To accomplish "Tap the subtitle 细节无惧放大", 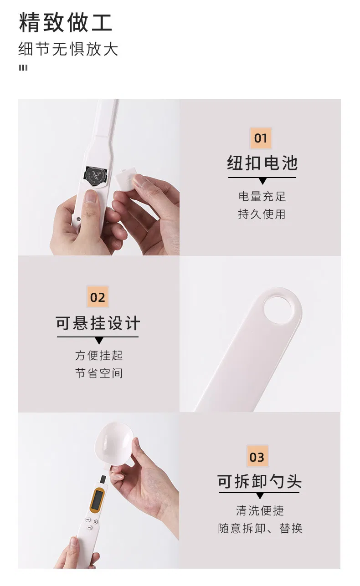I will (x=68, y=49).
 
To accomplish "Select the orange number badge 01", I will (x=261, y=138).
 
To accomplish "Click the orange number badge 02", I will (x=98, y=297).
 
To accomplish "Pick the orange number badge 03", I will (x=257, y=457).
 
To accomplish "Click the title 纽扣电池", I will (x=262, y=163).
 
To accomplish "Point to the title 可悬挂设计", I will (x=98, y=323).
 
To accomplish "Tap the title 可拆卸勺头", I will (x=259, y=481).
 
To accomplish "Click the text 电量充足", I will (x=262, y=196).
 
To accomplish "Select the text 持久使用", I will (x=262, y=214).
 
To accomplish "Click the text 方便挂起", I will (x=99, y=355).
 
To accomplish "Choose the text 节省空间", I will (x=99, y=373).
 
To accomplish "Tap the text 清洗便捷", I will (x=260, y=510).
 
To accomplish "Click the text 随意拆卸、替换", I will (x=260, y=529).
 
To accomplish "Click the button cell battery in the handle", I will (x=96, y=175).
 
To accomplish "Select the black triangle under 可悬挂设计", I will (x=99, y=341).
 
